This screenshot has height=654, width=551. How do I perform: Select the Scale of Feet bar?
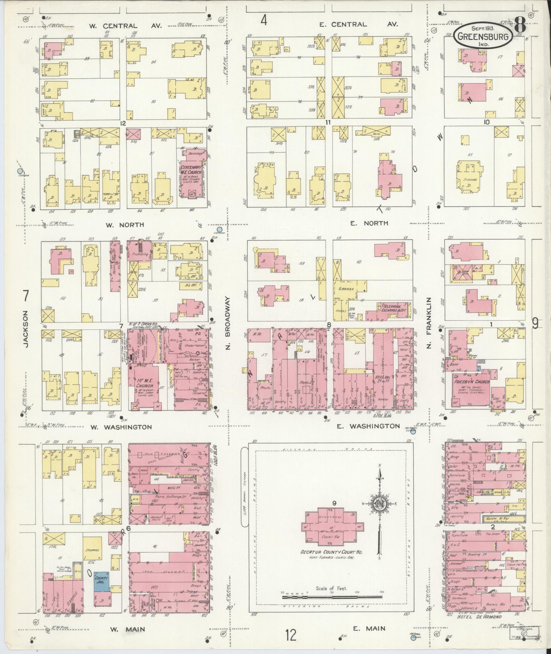(x=331, y=597)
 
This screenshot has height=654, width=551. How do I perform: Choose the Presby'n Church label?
(x=471, y=381)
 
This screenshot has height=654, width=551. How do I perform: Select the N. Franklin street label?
(x=429, y=323)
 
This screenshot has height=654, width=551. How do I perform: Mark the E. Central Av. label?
(x=359, y=25)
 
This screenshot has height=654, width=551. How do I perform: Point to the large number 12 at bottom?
(x=291, y=636)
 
